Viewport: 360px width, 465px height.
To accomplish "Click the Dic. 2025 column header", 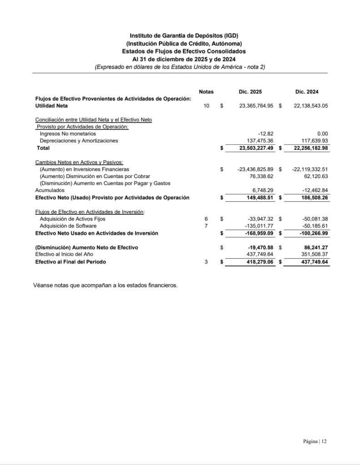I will click(x=250, y=92).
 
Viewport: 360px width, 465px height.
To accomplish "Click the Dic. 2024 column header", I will click(x=307, y=92).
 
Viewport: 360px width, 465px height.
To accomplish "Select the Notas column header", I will click(x=206, y=92).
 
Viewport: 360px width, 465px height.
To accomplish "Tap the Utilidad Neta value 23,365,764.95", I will click(x=256, y=106).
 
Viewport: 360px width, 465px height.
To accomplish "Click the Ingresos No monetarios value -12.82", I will click(x=265, y=134).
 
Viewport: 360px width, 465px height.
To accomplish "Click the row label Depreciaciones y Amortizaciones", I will click(x=79, y=141).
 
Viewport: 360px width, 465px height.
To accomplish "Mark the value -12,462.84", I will click(x=314, y=191).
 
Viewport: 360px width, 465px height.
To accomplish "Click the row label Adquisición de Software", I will click(x=68, y=226).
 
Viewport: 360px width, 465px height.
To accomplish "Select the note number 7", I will click(x=206, y=226).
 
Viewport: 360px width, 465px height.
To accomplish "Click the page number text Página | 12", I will click(x=315, y=441).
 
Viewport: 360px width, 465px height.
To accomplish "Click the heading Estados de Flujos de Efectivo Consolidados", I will click(x=184, y=52).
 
